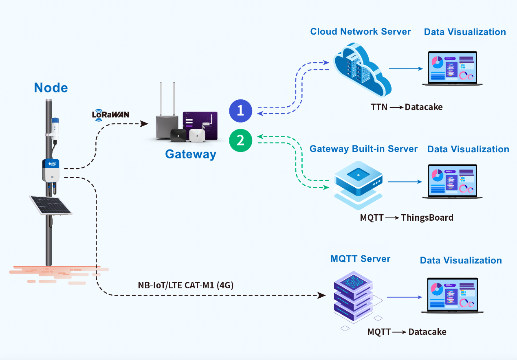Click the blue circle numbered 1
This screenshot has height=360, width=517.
pyautogui.click(x=240, y=111)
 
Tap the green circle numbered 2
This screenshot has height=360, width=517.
pyautogui.click(x=240, y=140)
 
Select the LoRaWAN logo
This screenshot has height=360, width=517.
pyautogui.click(x=110, y=115)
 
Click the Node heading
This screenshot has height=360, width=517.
pyautogui.click(x=51, y=88)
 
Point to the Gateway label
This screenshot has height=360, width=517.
pyautogui.click(x=191, y=154)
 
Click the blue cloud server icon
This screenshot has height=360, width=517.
pyautogui.click(x=362, y=70)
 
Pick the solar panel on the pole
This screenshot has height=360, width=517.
pyautogui.click(x=51, y=205)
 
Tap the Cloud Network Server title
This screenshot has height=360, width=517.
pyautogui.click(x=360, y=32)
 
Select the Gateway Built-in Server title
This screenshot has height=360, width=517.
pyautogui.click(x=363, y=149)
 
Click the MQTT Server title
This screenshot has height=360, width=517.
pyautogui.click(x=360, y=259)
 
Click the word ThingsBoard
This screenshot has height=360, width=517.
pyautogui.click(x=427, y=218)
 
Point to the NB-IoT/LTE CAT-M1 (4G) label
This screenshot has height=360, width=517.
pyautogui.click(x=185, y=285)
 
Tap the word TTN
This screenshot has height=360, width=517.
pyautogui.click(x=379, y=107)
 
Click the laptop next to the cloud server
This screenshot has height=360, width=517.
pyautogui.click(x=452, y=68)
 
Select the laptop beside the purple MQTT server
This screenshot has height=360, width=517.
pyautogui.click(x=452, y=295)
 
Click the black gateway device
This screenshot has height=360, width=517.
pyautogui.click(x=178, y=135)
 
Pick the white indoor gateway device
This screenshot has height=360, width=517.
pyautogui.click(x=197, y=135)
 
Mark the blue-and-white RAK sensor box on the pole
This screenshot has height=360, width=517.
pyautogui.click(x=51, y=170)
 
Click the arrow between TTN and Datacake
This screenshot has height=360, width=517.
pyautogui.click(x=396, y=108)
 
